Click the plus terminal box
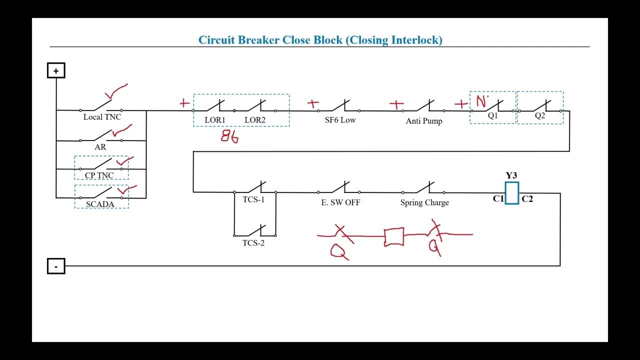(x=56, y=70)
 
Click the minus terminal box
(x=56, y=266)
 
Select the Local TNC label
(x=102, y=117)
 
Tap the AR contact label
(x=100, y=147)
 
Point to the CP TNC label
(x=99, y=175)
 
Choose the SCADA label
(x=100, y=204)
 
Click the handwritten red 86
(x=229, y=137)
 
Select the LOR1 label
(x=215, y=120)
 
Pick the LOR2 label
(x=255, y=120)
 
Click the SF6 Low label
(x=340, y=120)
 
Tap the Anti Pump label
(x=424, y=121)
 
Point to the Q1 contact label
(x=493, y=115)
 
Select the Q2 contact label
(x=540, y=115)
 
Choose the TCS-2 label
(x=253, y=243)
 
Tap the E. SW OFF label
(x=340, y=202)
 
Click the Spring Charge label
(x=424, y=202)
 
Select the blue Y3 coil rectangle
(x=511, y=193)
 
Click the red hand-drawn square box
(x=393, y=237)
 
